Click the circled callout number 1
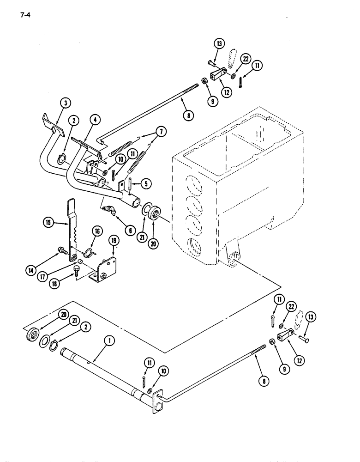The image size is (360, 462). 109,342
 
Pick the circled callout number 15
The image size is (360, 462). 48,222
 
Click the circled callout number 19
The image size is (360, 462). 114,241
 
